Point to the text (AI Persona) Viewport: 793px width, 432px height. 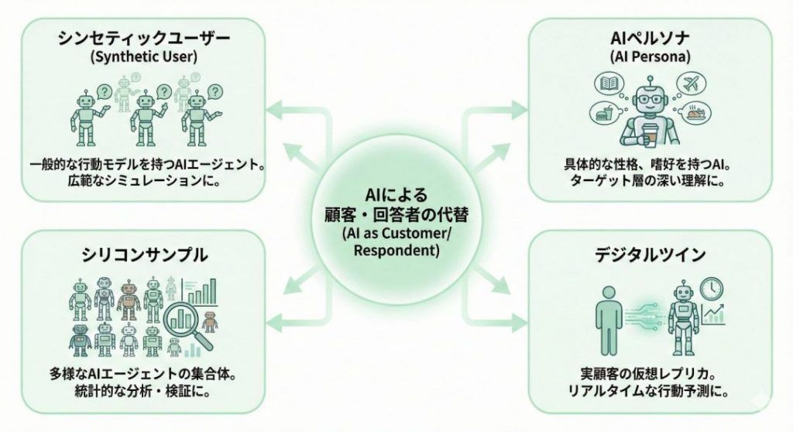point(651,56)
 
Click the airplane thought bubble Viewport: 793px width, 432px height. point(691,83)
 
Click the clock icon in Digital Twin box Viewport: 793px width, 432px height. point(709,289)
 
